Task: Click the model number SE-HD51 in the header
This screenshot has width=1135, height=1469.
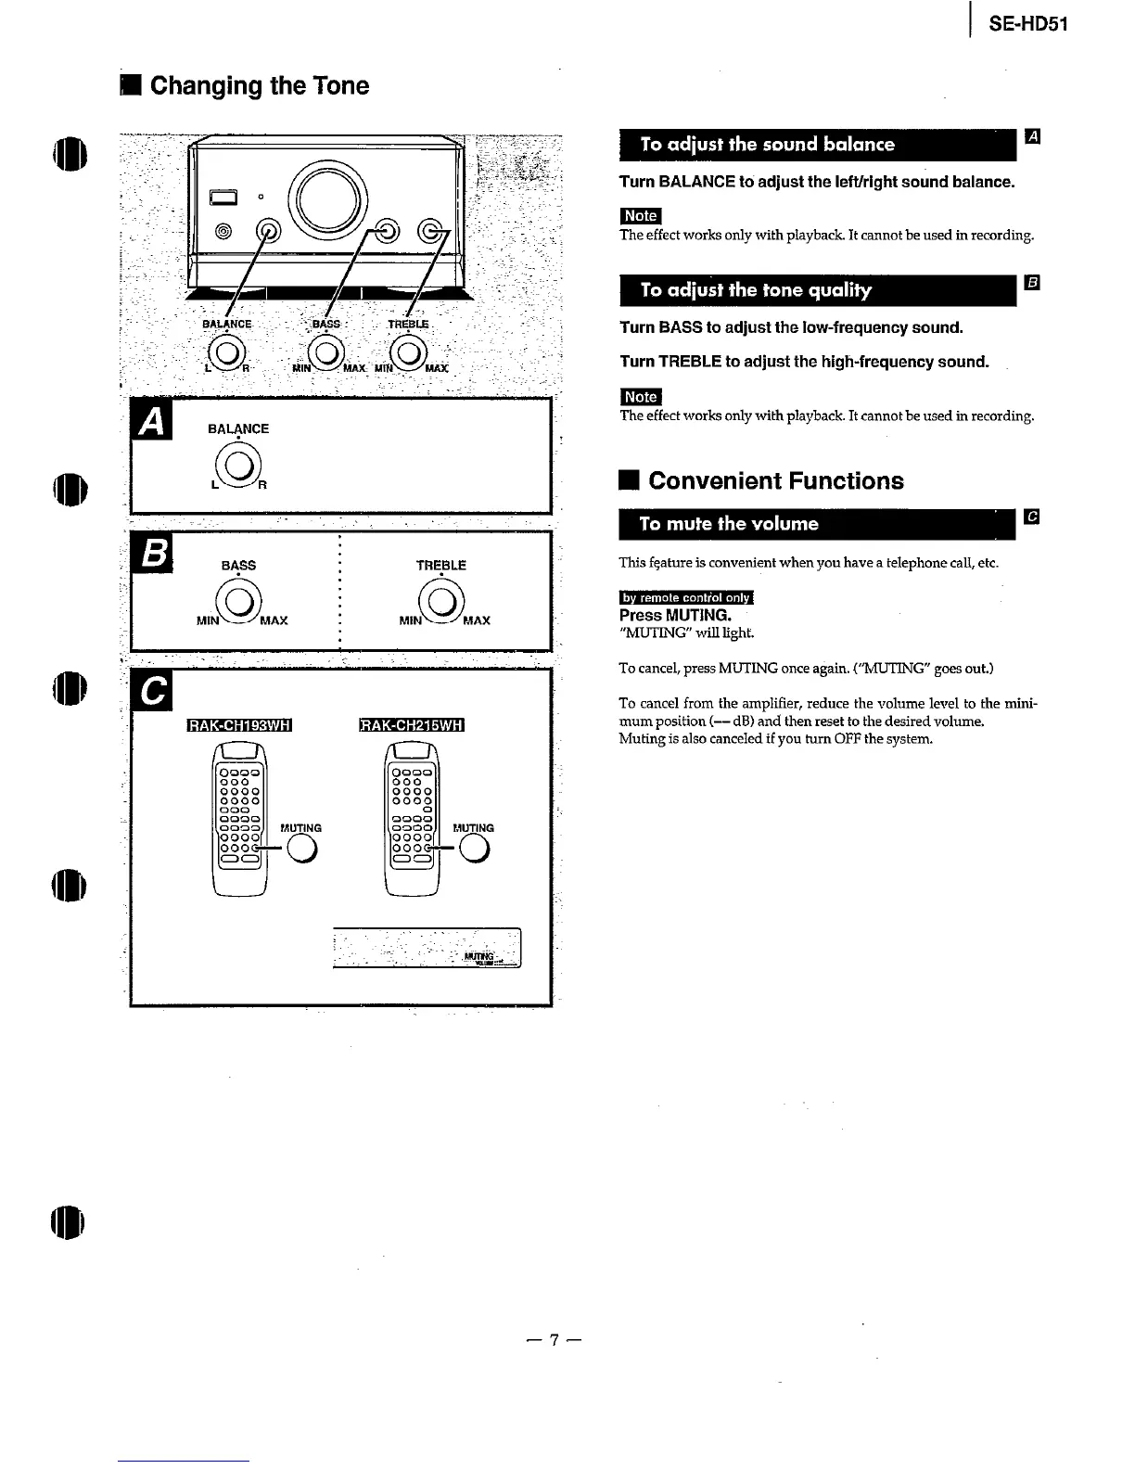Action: coord(1028,24)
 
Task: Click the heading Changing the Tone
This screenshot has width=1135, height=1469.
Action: coord(259,86)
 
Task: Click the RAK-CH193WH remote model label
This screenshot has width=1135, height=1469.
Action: coord(239,725)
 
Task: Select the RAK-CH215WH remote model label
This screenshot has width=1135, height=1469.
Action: coord(411,725)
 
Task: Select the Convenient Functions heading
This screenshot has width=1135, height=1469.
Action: coord(775,480)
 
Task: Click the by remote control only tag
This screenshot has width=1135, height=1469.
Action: coord(686,597)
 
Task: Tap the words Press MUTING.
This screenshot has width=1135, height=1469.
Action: coord(675,615)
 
